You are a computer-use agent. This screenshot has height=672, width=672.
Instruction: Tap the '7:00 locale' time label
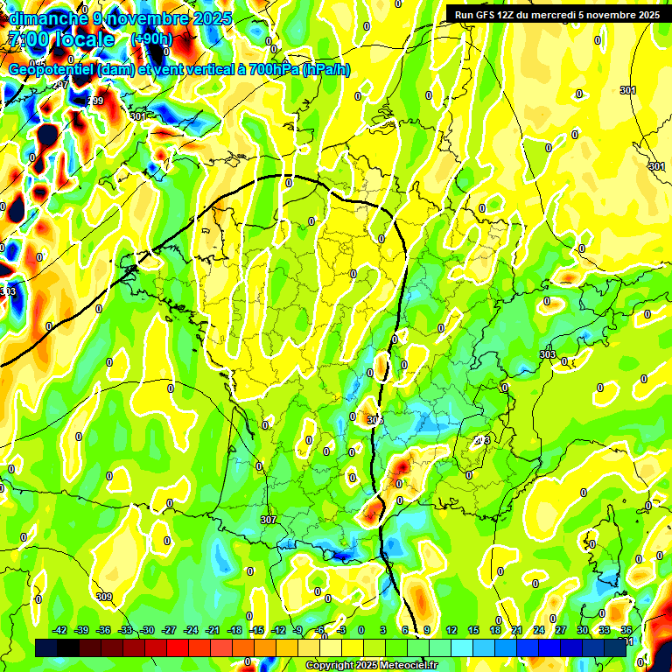coord(61,39)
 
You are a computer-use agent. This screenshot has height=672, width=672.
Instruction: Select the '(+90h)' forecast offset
coord(151,38)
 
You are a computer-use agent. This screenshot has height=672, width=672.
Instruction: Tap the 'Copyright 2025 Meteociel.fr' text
coord(371,666)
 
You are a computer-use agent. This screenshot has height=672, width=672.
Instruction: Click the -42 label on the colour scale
coord(60,630)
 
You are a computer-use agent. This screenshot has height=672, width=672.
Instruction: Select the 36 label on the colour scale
coord(626,630)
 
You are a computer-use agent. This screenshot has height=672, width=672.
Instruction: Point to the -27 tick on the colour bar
coord(169,630)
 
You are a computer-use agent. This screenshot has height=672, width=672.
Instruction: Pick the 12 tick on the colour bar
coord(451,630)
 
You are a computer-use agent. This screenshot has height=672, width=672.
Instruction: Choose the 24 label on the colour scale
coord(538,630)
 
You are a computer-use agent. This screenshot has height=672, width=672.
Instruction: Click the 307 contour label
coord(269,520)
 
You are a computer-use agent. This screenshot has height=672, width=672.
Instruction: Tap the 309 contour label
coord(105,597)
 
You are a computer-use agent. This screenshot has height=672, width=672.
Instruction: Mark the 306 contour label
coord(375,420)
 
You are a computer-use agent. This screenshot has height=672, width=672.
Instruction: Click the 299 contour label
coord(95,101)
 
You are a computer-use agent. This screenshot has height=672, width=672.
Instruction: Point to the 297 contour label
coord(61,85)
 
